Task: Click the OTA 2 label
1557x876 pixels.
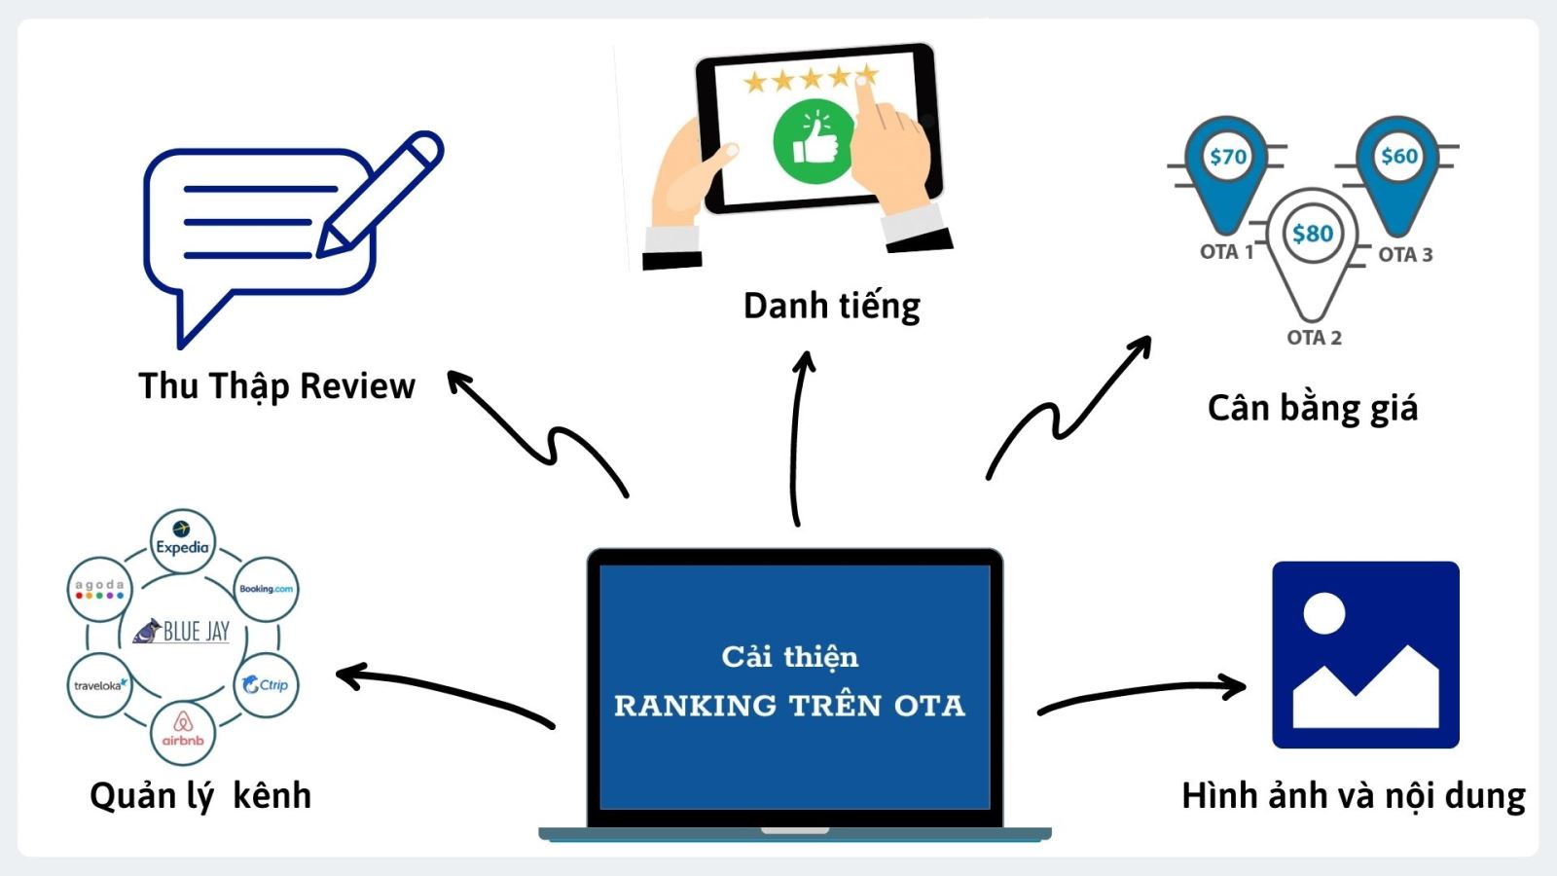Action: (x=1314, y=338)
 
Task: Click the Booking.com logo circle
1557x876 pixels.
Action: (x=266, y=589)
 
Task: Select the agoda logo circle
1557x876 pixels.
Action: (x=99, y=589)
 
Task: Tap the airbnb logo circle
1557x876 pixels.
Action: (x=183, y=732)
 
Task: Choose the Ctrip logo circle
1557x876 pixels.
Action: (x=266, y=685)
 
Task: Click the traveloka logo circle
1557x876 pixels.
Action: (x=99, y=685)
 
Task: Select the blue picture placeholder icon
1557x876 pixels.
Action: (x=1365, y=654)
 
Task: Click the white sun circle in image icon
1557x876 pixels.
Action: (x=1323, y=613)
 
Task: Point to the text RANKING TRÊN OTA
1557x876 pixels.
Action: (x=789, y=706)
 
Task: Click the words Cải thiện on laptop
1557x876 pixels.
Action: (x=789, y=657)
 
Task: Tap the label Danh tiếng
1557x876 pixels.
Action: (x=831, y=307)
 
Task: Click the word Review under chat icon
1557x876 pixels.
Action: (x=357, y=386)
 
